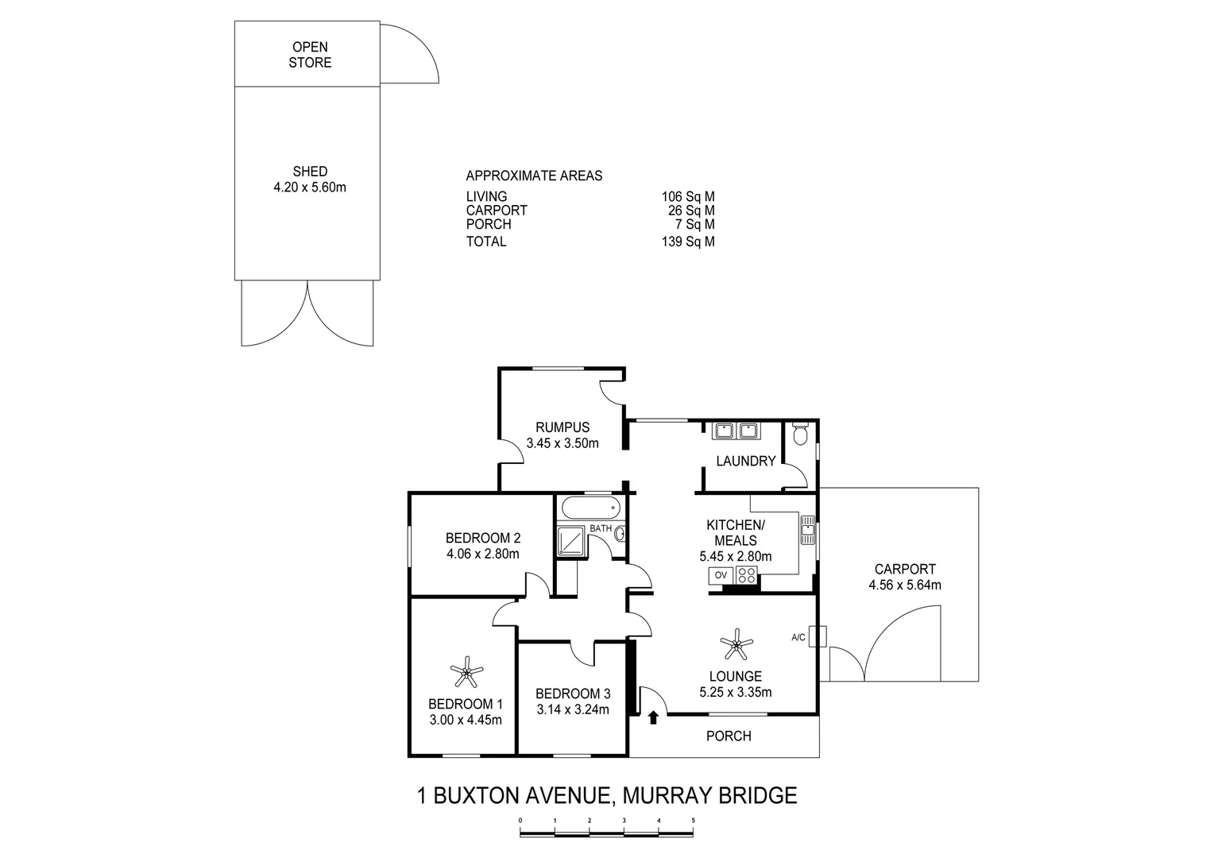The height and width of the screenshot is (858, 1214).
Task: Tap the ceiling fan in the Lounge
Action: tap(737, 644)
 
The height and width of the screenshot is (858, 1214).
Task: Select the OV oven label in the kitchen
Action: tap(721, 575)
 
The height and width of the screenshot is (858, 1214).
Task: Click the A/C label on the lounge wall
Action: tap(798, 637)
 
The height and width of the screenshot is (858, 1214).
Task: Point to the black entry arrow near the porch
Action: tap(653, 718)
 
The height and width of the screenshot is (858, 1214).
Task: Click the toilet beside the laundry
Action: tap(800, 434)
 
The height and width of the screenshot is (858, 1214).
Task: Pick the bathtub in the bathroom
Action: tap(590, 506)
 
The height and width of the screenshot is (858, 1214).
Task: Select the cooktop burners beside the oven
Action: tap(747, 575)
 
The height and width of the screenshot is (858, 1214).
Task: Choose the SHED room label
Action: tap(310, 172)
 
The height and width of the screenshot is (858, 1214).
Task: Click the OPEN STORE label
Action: tap(310, 55)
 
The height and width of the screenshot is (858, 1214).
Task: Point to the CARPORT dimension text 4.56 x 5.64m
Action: tap(905, 586)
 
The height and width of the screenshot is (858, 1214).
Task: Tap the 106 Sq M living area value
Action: tap(687, 197)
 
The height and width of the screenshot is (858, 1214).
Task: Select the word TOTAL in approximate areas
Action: tap(486, 242)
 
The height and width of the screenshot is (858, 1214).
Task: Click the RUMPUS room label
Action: tap(562, 427)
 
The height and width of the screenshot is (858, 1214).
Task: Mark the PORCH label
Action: tap(729, 736)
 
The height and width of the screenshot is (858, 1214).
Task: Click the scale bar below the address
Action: tap(607, 833)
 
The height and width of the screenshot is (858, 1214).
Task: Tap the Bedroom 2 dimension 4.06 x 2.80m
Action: tap(482, 554)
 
